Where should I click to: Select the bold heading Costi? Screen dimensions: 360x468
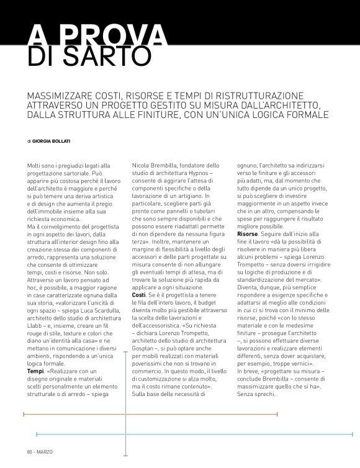coord(140,294)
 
